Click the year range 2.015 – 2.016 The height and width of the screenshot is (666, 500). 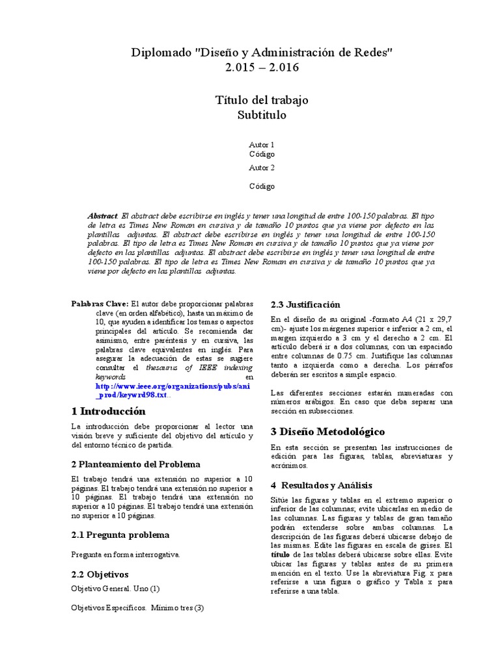click(262, 68)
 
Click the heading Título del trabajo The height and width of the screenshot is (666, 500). click(262, 100)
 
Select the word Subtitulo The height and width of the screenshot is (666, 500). click(262, 115)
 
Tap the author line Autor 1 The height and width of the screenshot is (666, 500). click(262, 144)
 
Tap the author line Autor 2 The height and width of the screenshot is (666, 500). click(262, 167)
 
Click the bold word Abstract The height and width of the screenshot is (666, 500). click(103, 215)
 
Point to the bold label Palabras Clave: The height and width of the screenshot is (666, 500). click(100, 303)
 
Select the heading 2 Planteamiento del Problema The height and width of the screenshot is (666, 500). click(135, 464)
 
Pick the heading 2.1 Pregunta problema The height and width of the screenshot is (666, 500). click(120, 535)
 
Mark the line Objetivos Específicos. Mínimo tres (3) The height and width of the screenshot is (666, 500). click(137, 608)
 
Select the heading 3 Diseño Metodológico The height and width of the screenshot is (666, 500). click(327, 432)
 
